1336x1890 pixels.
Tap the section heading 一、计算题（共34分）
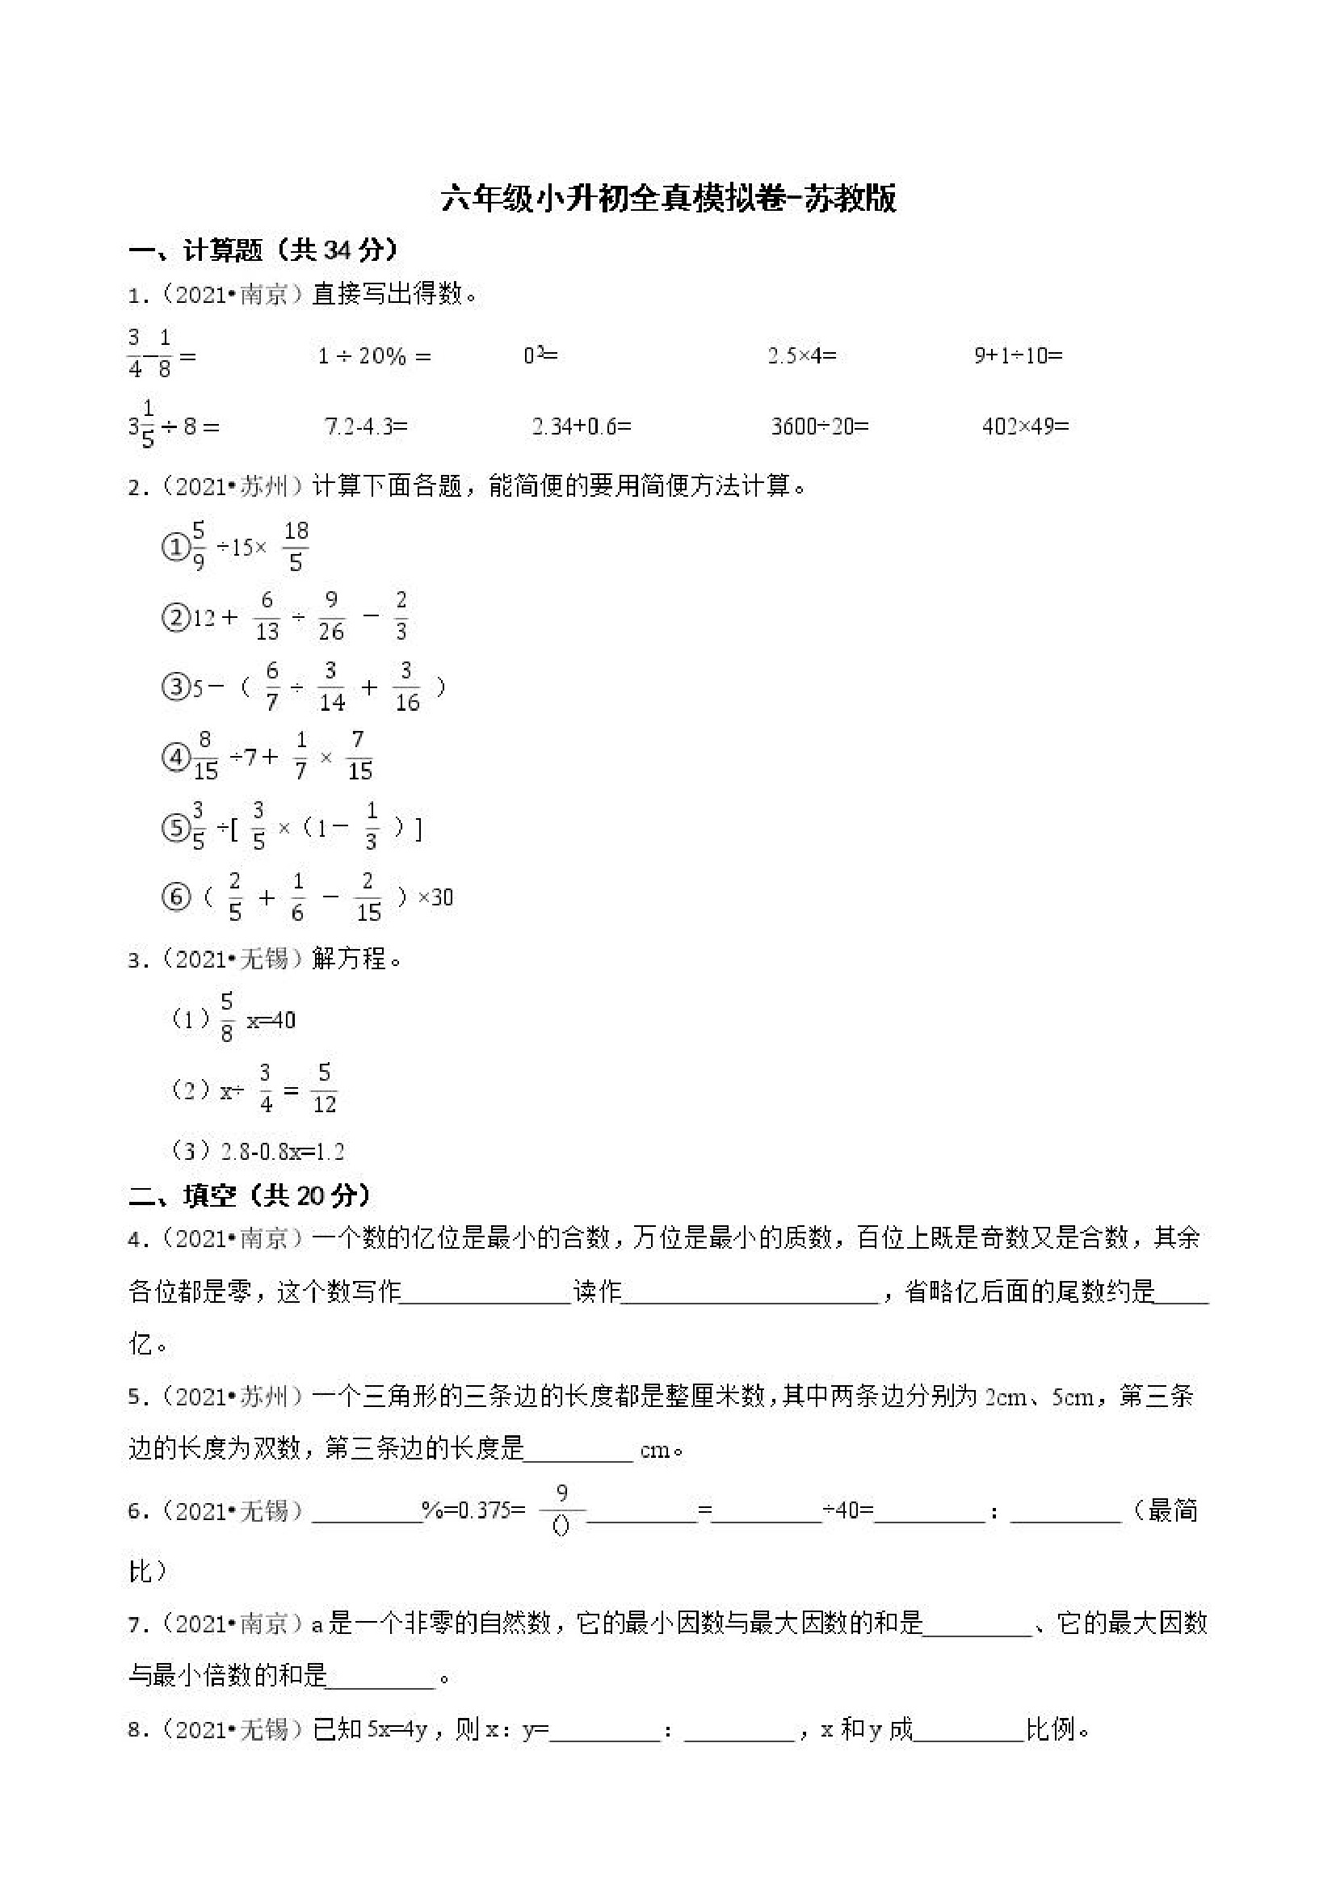263,250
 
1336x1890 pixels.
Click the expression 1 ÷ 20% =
375,356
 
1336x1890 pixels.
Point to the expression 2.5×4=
802,355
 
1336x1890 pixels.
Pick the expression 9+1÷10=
1019,355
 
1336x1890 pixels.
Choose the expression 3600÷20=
820,426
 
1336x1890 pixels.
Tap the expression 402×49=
1025,426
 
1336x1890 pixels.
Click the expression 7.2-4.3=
366,426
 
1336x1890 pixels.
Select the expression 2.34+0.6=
581,426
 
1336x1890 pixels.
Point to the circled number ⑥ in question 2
175,897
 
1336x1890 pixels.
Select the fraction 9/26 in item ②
331,616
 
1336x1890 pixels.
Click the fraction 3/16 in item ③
406,687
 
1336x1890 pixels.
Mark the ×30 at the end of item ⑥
435,897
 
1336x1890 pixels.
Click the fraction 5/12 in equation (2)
325,1089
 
